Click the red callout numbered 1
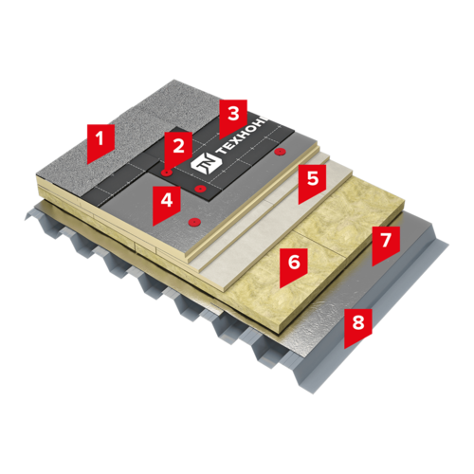click(x=100, y=141)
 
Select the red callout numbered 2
click(x=178, y=149)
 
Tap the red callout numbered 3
click(x=233, y=117)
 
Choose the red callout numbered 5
click(x=312, y=181)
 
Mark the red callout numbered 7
click(x=386, y=244)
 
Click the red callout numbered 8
click(x=358, y=325)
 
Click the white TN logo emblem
click(x=206, y=162)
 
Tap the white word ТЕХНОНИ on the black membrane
click(x=242, y=137)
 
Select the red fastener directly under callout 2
click(x=166, y=173)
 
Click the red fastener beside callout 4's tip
click(x=193, y=222)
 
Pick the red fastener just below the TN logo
click(x=200, y=189)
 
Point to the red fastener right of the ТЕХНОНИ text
click(x=280, y=152)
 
